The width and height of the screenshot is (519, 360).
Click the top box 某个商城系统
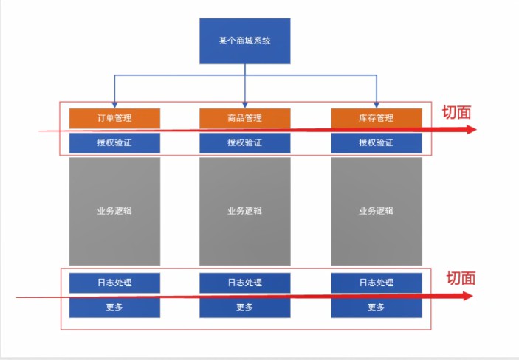tap(244, 41)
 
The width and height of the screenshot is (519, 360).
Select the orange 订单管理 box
tap(114, 118)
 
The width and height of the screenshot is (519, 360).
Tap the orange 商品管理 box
tap(244, 118)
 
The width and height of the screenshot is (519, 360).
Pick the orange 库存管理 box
tap(376, 118)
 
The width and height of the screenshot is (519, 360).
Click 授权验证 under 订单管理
tap(114, 143)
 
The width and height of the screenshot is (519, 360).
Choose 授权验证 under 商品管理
tap(244, 143)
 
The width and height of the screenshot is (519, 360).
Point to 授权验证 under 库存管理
tap(376, 143)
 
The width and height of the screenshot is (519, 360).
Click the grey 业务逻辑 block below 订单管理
tap(114, 211)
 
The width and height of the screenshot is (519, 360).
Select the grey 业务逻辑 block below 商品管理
tap(244, 211)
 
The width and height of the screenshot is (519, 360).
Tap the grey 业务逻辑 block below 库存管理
tap(376, 211)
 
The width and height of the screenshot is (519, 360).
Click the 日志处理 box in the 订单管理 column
tap(114, 283)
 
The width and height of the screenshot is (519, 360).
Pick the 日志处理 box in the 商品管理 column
tap(244, 283)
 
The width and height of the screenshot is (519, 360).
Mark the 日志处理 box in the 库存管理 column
tap(376, 283)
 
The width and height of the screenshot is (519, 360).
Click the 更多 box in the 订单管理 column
tap(114, 308)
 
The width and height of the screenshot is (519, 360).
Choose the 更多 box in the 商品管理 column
tap(244, 308)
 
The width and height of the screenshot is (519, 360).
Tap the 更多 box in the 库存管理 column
tap(376, 308)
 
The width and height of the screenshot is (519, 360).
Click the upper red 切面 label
tap(456, 113)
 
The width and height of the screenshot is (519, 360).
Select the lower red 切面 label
tap(461, 278)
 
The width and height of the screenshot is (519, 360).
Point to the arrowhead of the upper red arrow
tap(470, 130)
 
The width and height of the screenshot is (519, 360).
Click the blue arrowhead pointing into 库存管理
tap(376, 104)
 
